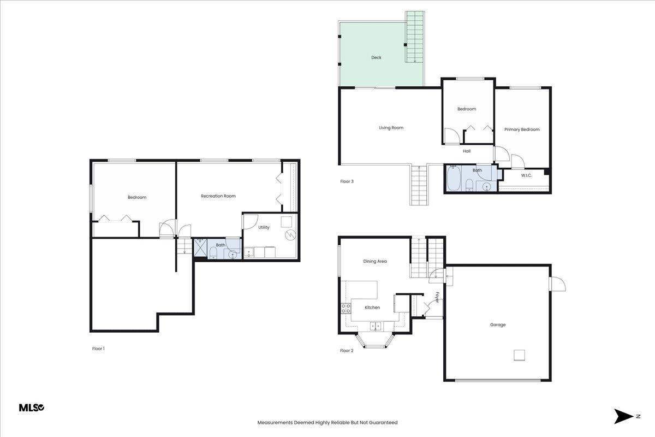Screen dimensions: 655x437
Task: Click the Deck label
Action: pos(376,58)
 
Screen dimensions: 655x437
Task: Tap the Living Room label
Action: pos(391,128)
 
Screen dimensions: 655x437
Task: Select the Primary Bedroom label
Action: pos(522,129)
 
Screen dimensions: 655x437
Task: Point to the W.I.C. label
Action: pos(526,176)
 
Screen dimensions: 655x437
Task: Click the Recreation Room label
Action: pos(218,196)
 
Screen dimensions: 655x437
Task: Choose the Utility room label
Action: pos(264,227)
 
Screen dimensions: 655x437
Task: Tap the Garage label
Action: pos(498,324)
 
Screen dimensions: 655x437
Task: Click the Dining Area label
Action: pos(375,261)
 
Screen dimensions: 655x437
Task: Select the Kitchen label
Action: pos(372,308)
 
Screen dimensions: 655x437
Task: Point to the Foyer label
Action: pos(437,297)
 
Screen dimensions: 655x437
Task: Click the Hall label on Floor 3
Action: pos(467,151)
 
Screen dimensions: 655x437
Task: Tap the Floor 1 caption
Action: pos(98,349)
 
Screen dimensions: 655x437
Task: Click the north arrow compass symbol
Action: pos(624,416)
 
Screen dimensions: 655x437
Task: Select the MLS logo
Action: pos(32,408)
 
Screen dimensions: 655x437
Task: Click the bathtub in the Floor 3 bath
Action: pos(454,178)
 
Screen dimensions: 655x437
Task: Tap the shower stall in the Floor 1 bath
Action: pos(200,247)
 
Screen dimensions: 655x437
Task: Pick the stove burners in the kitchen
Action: pos(346,309)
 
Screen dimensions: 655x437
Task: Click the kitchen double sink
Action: pos(375,326)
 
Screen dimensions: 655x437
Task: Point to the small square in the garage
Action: pos(519,355)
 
